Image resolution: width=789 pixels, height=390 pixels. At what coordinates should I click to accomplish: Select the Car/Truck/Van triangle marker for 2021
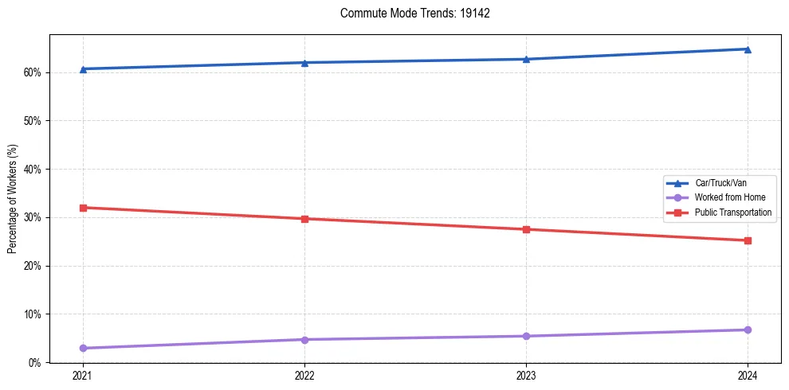coord(83,69)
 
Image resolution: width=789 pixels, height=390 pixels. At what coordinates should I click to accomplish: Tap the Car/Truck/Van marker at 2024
coord(748,49)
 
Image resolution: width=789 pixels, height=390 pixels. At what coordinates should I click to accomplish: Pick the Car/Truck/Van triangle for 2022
coord(304,63)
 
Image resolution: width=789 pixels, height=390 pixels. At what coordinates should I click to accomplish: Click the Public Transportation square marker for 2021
coord(83,208)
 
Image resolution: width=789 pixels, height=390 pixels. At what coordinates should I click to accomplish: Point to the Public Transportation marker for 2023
coord(526,229)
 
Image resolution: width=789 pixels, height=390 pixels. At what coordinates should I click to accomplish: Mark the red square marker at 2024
coord(748,240)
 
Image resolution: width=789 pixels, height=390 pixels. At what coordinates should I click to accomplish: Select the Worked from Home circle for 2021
coord(83,348)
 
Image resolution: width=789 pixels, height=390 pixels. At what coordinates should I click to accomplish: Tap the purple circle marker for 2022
coord(304,340)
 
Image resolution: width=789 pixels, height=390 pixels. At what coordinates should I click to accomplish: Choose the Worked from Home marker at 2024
coord(748,330)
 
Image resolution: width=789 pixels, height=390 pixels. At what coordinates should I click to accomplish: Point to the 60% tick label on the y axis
coord(33,72)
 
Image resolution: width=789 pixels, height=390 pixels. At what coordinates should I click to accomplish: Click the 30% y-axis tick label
coord(33,217)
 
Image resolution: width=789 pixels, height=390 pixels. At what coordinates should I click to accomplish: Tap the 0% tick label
coord(35,362)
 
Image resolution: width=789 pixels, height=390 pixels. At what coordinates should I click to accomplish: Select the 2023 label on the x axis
coord(526,376)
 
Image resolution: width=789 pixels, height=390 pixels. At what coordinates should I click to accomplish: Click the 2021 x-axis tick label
coord(83,376)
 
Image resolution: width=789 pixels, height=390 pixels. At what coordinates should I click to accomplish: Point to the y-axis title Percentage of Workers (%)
coord(13,199)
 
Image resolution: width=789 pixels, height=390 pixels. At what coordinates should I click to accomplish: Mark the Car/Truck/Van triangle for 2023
coord(526,59)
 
